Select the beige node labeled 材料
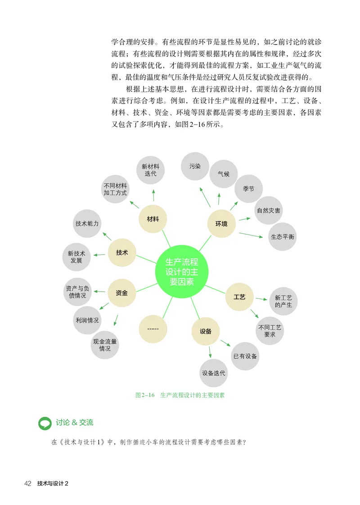tap(153, 219)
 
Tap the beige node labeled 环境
tap(221, 224)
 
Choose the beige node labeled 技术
tap(122, 252)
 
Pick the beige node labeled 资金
tap(121, 293)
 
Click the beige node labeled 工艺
tap(239, 298)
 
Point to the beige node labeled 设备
tap(206, 331)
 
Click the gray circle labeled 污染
tap(195, 167)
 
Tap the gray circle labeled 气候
tap(224, 174)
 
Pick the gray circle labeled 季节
tap(248, 189)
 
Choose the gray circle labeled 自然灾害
tap(269, 210)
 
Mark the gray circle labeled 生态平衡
tap(283, 236)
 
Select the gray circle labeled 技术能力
tap(87, 224)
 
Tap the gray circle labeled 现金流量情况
tap(105, 345)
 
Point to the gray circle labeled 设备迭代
tap(214, 373)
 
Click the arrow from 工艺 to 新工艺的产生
tap(261, 298)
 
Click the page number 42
tap(28, 484)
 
